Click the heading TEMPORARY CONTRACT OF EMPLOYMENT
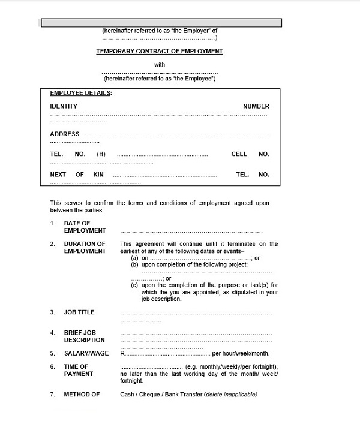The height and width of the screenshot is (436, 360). [x=160, y=52]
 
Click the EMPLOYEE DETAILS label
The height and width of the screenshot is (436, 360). [x=80, y=93]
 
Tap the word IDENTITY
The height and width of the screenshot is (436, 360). [x=64, y=106]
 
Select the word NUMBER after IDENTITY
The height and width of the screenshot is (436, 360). [x=256, y=106]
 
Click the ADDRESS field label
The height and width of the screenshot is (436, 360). [x=64, y=134]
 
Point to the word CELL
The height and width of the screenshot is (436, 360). [x=239, y=154]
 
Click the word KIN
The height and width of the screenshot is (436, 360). [x=98, y=175]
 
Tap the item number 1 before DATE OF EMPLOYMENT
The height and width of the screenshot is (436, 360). [x=52, y=224]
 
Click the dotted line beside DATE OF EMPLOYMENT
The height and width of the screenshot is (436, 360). [x=191, y=231]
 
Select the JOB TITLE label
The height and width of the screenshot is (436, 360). [x=79, y=312]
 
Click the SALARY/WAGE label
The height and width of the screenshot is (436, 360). [x=86, y=353]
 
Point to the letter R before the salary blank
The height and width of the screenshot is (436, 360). [x=122, y=353]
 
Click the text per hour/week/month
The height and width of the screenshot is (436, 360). [x=241, y=353]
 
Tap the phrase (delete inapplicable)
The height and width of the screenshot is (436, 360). [x=230, y=395]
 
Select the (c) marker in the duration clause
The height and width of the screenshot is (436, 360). [x=135, y=285]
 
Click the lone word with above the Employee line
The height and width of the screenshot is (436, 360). [x=160, y=65]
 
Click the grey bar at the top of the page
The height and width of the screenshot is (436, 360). [x=160, y=23]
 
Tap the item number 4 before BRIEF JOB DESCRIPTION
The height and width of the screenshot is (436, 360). [x=52, y=333]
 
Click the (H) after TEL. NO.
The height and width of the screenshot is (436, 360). [x=101, y=154]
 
